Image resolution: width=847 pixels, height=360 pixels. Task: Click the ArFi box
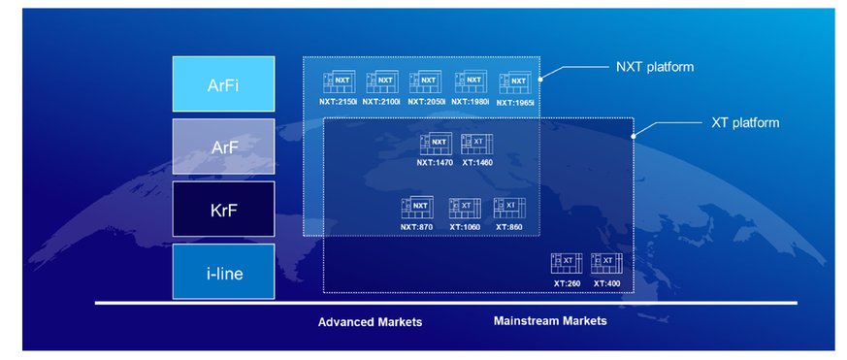[x=223, y=83]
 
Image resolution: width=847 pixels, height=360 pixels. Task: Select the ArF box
[x=223, y=147]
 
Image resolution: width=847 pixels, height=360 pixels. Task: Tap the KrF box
[x=223, y=209]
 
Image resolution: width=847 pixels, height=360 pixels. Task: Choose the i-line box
[x=223, y=272]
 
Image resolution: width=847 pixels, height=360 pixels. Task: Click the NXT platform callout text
[x=655, y=67]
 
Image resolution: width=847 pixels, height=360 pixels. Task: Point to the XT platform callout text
[x=745, y=122]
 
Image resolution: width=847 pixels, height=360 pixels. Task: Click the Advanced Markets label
[x=370, y=322]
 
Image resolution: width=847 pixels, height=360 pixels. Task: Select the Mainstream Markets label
[x=550, y=321]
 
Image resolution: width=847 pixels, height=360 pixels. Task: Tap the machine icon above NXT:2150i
[x=340, y=82]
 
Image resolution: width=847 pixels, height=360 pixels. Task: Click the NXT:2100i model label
[x=381, y=101]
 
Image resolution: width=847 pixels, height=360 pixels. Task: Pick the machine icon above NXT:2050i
[x=425, y=82]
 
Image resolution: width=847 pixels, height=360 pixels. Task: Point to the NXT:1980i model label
[x=470, y=101]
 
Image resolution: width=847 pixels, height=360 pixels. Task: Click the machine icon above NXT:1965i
[x=515, y=82]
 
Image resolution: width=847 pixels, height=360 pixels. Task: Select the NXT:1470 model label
[x=435, y=162]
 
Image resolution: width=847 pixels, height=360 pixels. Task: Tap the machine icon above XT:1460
[x=477, y=144]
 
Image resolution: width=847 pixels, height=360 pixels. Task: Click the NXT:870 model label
[x=416, y=227]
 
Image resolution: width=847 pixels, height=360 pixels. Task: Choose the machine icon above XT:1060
[x=465, y=208]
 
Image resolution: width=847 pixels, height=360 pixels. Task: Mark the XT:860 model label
[x=509, y=227]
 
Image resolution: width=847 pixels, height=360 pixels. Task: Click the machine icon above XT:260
[x=567, y=263]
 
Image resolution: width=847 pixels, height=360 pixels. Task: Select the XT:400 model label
[x=606, y=283]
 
